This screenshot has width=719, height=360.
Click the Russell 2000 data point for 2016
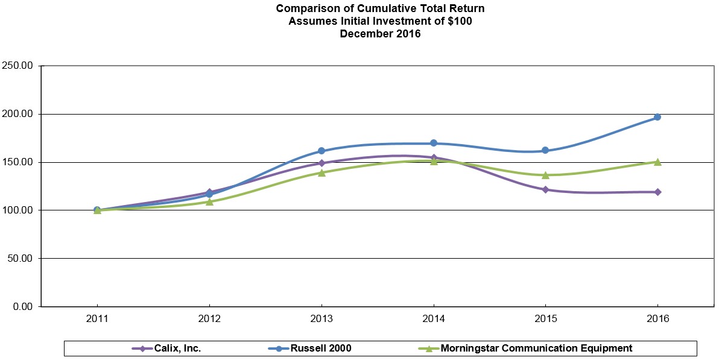point(657,117)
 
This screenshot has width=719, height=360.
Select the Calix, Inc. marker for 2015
point(545,189)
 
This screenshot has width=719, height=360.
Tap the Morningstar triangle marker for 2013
point(321,172)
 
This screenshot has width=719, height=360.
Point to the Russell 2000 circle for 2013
point(321,151)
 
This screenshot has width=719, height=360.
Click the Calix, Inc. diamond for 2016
point(657,192)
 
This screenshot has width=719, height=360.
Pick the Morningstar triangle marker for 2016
point(657,162)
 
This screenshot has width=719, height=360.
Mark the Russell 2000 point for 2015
point(545,150)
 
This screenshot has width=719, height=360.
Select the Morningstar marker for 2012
point(209,201)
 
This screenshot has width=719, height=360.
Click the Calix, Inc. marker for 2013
point(321,163)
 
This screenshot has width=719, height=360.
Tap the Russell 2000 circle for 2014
point(434,143)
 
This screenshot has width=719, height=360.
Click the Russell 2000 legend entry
point(311,348)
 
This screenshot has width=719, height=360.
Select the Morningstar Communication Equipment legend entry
point(526,348)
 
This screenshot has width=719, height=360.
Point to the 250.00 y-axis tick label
point(18,66)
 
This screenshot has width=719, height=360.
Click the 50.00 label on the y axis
point(21,259)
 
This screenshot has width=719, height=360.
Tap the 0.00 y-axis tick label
point(23,307)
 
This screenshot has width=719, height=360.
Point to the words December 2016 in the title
point(380,34)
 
